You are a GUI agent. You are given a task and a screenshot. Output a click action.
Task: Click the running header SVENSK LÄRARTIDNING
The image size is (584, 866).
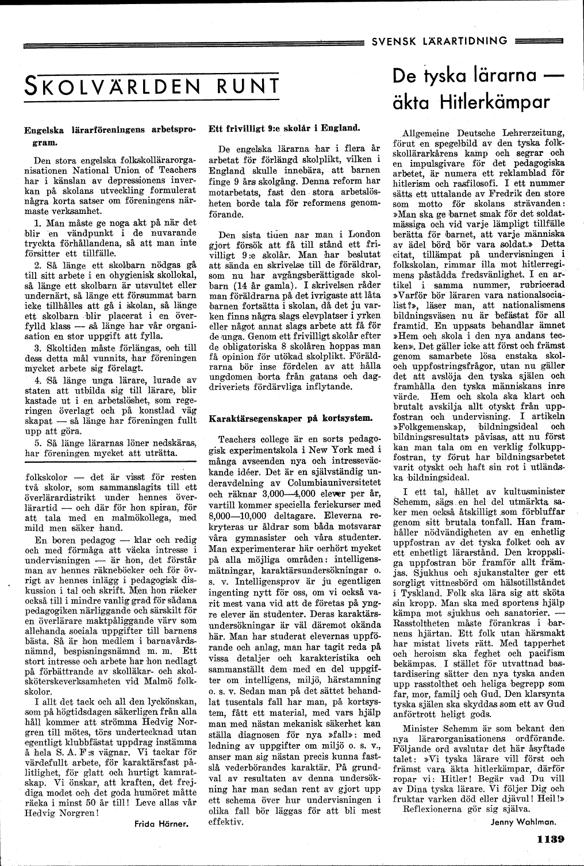(x=440, y=40)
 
